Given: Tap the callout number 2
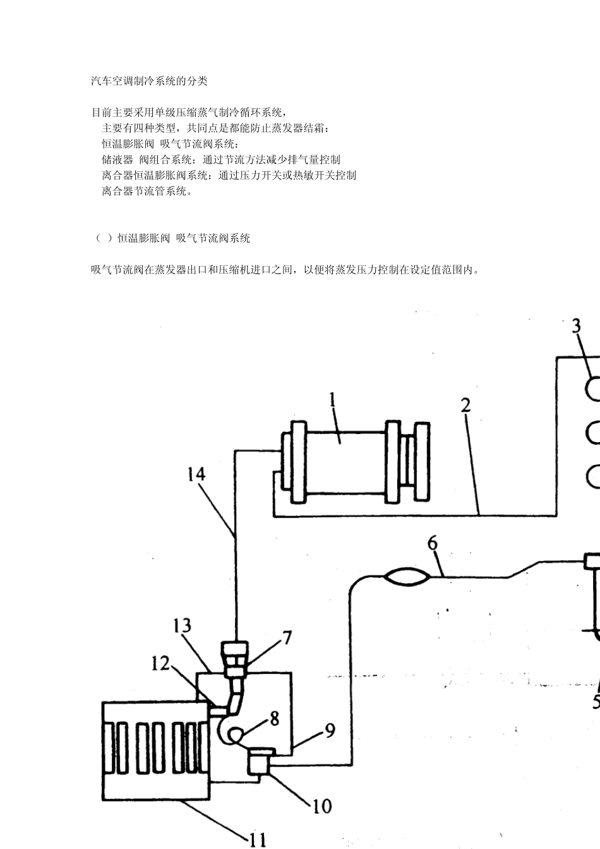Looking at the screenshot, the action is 465,405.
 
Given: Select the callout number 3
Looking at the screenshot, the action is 576,327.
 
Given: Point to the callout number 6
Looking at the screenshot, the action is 433,543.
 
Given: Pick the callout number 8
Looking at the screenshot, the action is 274,718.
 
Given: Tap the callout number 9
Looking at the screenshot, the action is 330,731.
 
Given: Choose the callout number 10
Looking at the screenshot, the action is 321,806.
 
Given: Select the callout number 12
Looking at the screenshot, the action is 160,663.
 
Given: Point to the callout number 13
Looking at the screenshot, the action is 182,626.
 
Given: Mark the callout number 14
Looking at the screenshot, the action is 196,474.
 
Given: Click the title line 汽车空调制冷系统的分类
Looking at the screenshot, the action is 149,81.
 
